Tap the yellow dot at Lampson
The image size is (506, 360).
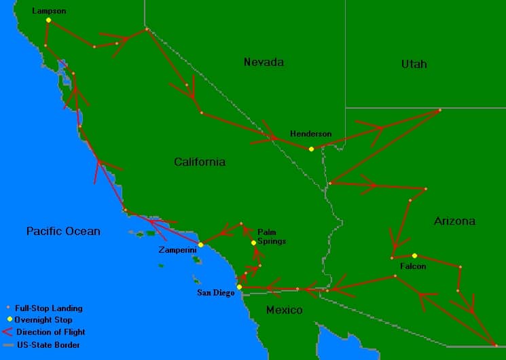(48, 20)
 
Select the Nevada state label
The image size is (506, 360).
(264, 62)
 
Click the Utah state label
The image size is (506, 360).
(414, 64)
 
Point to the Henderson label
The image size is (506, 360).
(310, 134)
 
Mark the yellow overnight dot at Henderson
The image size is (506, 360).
(311, 149)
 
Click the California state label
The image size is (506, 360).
(200, 162)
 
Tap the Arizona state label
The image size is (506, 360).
(454, 221)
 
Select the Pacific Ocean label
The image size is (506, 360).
(63, 231)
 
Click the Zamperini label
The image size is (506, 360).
(178, 251)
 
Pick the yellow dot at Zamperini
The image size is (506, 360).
(200, 245)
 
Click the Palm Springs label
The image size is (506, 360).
(271, 236)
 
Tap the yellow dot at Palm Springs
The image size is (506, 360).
(253, 242)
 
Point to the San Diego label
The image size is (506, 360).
(215, 293)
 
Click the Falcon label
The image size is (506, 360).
(413, 266)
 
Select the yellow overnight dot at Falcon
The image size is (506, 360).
(414, 255)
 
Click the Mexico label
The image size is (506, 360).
(283, 310)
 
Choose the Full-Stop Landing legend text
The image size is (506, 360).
(48, 308)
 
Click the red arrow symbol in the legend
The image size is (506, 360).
(7, 332)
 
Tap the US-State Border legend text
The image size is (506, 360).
(47, 345)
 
